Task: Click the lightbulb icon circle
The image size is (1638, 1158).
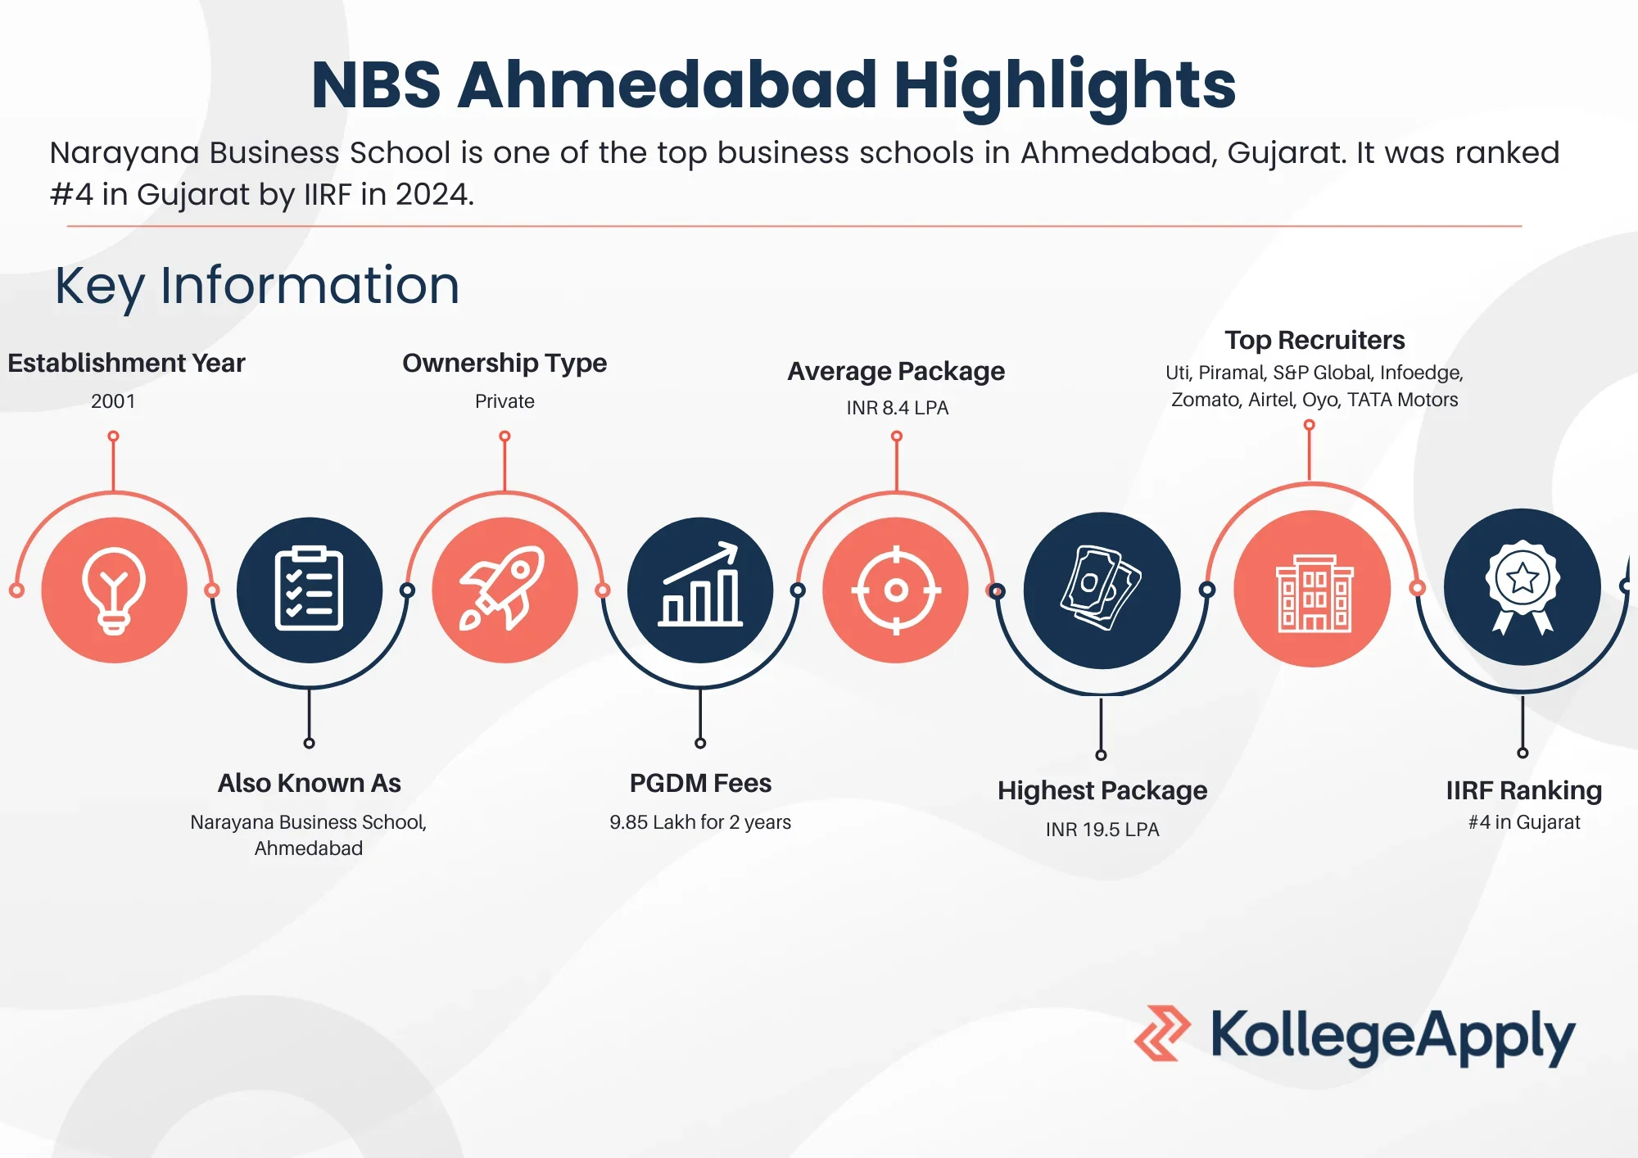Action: [114, 590]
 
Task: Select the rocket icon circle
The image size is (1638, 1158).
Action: [505, 590]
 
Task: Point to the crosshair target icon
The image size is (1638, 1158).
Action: [896, 590]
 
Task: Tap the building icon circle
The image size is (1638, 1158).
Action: [1313, 589]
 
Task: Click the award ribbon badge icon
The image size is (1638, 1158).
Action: [1523, 587]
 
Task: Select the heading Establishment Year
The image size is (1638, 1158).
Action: [126, 363]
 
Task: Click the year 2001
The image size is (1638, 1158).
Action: [113, 401]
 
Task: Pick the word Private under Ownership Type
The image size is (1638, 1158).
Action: [505, 401]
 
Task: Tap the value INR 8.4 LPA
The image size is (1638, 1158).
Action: [897, 408]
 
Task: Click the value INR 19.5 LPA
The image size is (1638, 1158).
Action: [1102, 830]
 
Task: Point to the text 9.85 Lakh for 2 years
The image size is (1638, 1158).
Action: [700, 822]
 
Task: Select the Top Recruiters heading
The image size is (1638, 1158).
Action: [1314, 340]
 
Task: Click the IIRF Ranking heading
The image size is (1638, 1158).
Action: [1523, 790]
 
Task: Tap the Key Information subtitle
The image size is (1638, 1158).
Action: [257, 286]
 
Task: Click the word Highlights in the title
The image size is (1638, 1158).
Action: [1064, 85]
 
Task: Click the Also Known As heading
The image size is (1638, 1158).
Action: [309, 783]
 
